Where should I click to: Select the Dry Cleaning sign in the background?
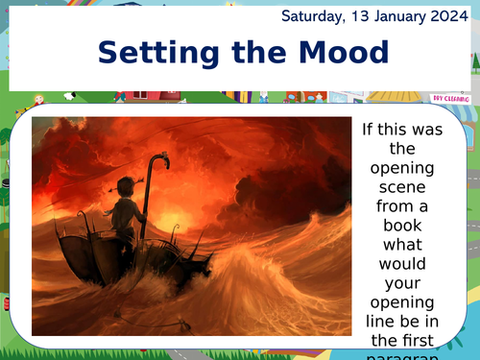tap(449, 98)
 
